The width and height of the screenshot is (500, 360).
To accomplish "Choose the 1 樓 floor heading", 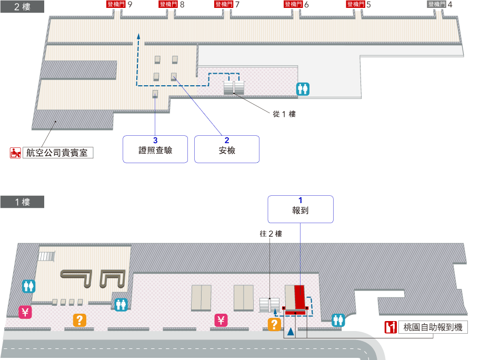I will (22, 202).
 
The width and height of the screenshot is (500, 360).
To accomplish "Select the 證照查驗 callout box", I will (155, 149).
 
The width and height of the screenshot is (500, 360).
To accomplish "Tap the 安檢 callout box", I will (227, 149).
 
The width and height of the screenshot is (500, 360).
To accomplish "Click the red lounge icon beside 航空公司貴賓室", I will (16, 153).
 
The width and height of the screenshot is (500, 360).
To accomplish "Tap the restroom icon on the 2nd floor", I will (303, 88).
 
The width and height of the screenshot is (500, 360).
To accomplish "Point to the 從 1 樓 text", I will (284, 114).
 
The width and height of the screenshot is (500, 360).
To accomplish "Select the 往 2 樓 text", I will (271, 234).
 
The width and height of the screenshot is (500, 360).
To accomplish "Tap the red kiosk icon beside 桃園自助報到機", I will (391, 327).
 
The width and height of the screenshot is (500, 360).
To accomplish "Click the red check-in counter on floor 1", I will (300, 298).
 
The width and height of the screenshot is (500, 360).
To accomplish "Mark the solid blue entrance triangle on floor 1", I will (290, 333).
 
